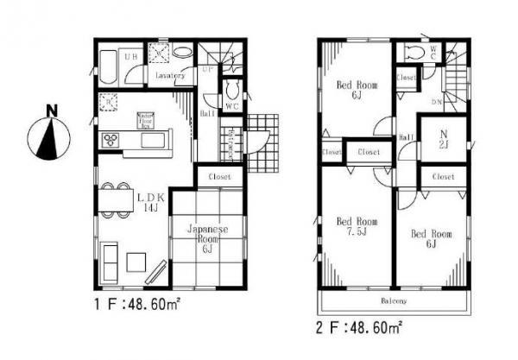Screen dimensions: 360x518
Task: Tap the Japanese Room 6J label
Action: click(x=206, y=237)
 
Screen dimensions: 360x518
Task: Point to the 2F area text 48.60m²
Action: click(x=363, y=327)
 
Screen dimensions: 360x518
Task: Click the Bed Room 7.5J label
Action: click(x=351, y=226)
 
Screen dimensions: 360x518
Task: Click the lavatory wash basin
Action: click(x=183, y=53)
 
